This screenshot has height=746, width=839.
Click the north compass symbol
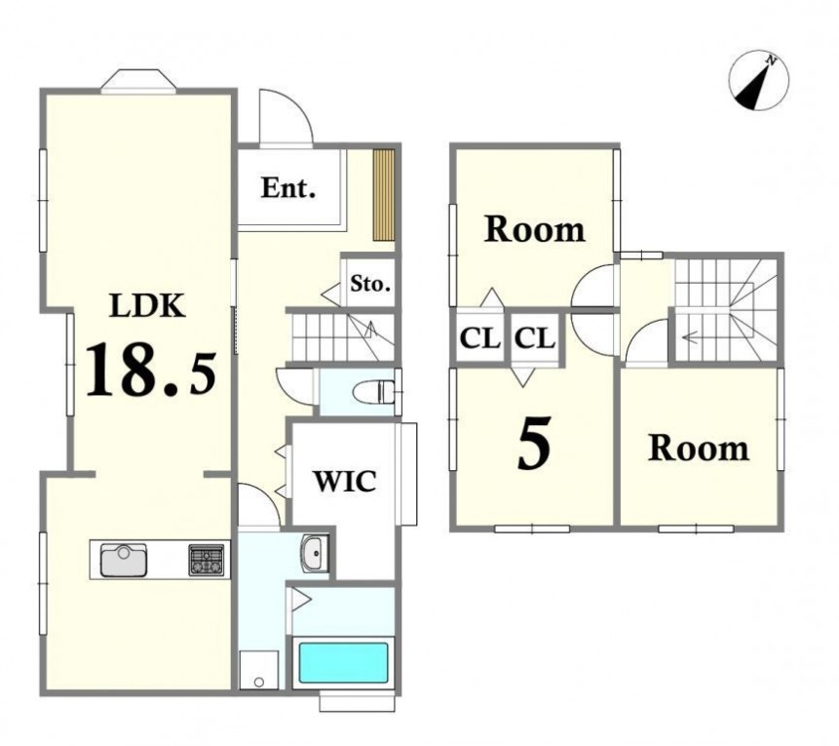click(x=759, y=81)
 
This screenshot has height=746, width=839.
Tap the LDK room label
click(x=147, y=306)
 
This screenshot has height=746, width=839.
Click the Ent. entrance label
click(x=287, y=188)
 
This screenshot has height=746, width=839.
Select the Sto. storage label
click(x=369, y=284)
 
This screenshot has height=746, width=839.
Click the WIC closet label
click(x=345, y=481)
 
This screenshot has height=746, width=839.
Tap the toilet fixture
click(x=373, y=391)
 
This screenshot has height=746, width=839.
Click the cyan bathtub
click(x=343, y=662)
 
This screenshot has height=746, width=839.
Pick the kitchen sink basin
click(x=124, y=560)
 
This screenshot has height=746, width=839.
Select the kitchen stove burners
click(x=206, y=560)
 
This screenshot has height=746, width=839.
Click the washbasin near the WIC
click(x=315, y=553)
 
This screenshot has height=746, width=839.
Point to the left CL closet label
click(x=480, y=338)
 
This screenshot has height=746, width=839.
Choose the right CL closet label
click(x=535, y=338)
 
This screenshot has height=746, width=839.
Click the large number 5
click(x=534, y=443)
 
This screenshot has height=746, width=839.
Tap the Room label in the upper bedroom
click(x=535, y=229)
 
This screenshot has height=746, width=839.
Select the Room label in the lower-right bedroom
click(x=699, y=448)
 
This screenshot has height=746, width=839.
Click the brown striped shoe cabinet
click(x=384, y=195)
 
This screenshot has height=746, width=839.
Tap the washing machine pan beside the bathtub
click(x=259, y=669)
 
